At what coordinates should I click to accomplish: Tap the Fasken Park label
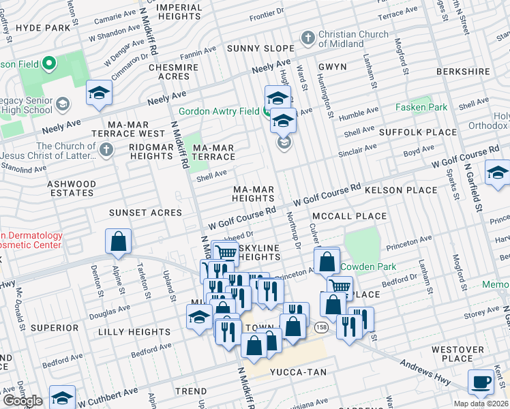coord(422,108)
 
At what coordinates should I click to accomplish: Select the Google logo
coord(22,400)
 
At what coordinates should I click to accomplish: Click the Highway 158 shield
coord(320,328)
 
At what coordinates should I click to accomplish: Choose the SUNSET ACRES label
coord(146,213)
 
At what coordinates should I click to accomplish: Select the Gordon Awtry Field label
coord(220,112)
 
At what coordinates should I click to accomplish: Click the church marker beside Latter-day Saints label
coord(106,149)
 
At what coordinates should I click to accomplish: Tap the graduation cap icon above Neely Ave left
coord(99,93)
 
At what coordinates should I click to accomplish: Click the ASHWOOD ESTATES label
coord(72,188)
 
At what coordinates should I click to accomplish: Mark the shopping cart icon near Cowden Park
coord(339,286)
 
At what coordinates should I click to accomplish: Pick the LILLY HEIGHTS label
coord(134,332)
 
